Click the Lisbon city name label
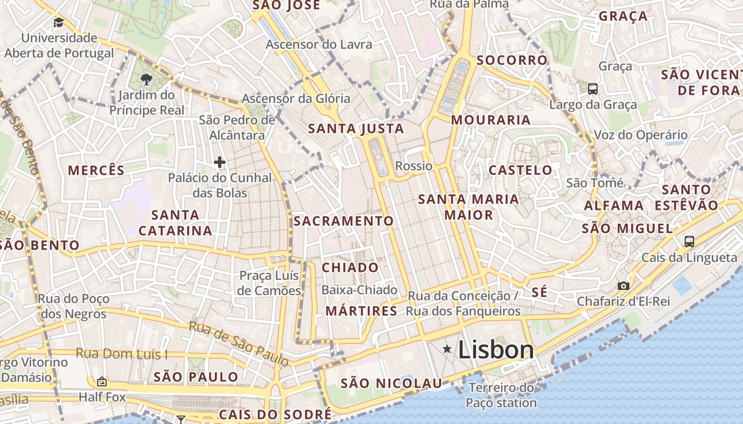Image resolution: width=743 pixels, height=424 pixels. pos(496,350)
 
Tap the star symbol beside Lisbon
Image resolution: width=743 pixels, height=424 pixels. pos(447,349)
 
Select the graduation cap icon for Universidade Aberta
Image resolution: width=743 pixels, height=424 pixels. pos(58,23)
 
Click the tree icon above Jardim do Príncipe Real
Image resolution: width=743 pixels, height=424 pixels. pos(146,79)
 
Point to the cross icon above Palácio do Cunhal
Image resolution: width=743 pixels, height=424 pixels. pos(220,162)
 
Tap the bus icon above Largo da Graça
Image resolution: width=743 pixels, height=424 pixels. pos(593,89)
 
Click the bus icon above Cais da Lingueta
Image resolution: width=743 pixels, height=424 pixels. pos(689,242)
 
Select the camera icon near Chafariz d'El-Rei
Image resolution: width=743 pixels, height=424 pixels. pos(624,286)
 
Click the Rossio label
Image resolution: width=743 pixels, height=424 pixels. pos(414,166)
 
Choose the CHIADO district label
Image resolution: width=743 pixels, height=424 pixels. pos(350,268)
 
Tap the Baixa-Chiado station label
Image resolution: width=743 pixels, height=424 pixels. pos(359,290)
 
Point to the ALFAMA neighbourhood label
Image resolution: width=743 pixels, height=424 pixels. pos(614,206)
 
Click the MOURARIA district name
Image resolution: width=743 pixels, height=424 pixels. pos(491,120)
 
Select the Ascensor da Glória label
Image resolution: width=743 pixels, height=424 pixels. pos(296,99)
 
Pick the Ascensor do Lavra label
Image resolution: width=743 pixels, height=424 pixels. pos(319,44)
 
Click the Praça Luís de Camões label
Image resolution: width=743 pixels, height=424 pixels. pos(270,283)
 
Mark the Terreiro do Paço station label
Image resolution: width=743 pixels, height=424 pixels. pos(501,395)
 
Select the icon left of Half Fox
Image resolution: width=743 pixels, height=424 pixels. pos(102,382)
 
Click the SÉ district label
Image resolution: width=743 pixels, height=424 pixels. pos(539,293)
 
